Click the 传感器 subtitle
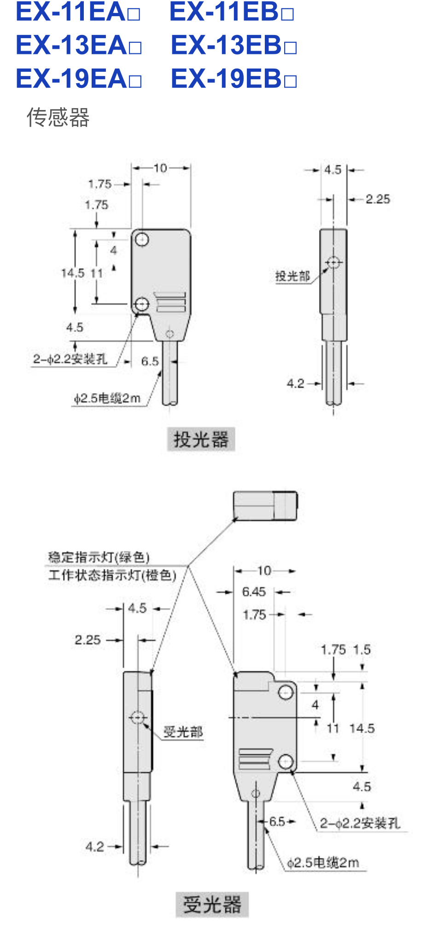point(58,117)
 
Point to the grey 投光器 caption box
point(201,439)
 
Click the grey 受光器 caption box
point(212,904)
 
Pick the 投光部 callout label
point(292,276)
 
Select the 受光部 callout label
point(183,732)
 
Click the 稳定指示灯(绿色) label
point(99,557)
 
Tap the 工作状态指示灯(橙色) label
point(112,575)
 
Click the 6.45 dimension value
point(254,591)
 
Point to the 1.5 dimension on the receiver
point(362,649)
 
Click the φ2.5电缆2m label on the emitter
point(107,398)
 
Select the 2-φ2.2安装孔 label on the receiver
point(360,823)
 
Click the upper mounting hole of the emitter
point(142,239)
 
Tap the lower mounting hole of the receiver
point(286,762)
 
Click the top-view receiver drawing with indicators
point(265,506)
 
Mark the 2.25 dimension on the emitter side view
point(378,199)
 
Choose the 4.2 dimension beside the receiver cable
point(94,846)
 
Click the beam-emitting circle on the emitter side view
point(333,263)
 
